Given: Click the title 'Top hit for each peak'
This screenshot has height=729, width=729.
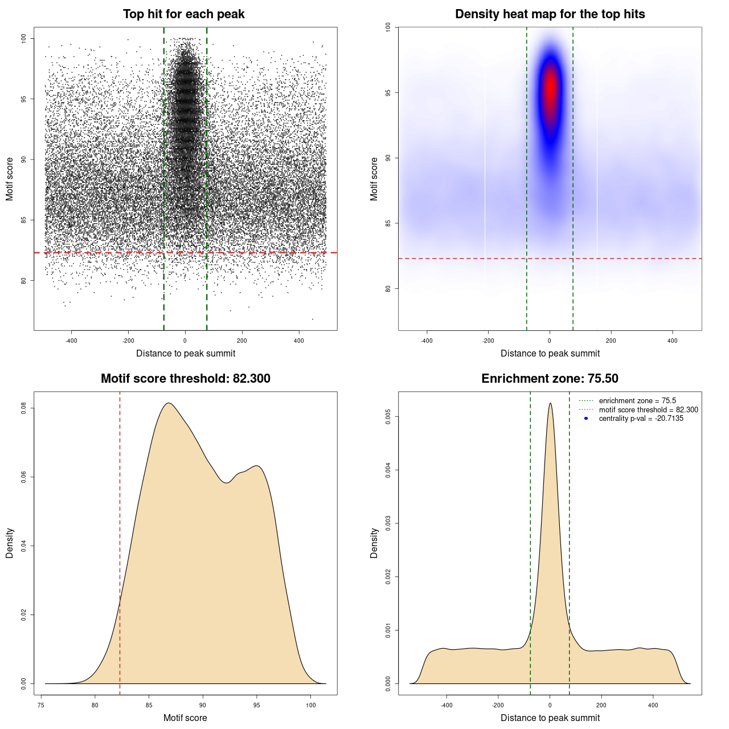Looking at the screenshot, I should (x=184, y=14).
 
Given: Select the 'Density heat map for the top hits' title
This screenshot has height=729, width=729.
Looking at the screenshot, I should (x=550, y=14).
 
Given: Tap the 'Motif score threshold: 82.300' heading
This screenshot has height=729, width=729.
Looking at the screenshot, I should (x=185, y=379).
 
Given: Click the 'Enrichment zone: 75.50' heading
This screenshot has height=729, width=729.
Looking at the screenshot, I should (x=550, y=379).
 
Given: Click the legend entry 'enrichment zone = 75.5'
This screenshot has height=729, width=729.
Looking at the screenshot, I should (x=637, y=401).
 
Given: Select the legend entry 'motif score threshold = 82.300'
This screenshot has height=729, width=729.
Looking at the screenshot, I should (x=648, y=409).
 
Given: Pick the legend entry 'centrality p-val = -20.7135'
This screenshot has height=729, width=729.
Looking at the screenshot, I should (x=641, y=419).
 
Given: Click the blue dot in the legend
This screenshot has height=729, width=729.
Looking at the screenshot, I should (x=586, y=419).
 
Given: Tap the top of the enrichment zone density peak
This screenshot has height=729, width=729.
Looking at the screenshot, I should (x=550, y=404).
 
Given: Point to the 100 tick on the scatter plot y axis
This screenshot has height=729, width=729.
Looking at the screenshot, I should (x=24, y=38).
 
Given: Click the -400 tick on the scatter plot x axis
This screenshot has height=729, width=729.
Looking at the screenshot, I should (x=71, y=341).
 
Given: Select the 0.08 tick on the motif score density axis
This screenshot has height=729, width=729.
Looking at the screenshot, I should (x=24, y=408).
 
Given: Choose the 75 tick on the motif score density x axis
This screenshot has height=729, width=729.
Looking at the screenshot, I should (x=41, y=705).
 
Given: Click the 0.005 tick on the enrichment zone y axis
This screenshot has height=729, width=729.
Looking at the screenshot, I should (x=388, y=417).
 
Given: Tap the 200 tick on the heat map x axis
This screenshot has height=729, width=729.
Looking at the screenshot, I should (x=611, y=341).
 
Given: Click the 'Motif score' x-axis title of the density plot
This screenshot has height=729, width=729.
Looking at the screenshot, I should (x=185, y=718).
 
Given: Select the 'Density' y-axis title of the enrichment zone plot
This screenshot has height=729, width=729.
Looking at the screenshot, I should (x=374, y=543).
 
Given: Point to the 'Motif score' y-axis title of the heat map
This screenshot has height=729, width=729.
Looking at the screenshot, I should (x=374, y=179).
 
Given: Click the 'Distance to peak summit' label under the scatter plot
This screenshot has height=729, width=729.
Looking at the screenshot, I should (x=186, y=353).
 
